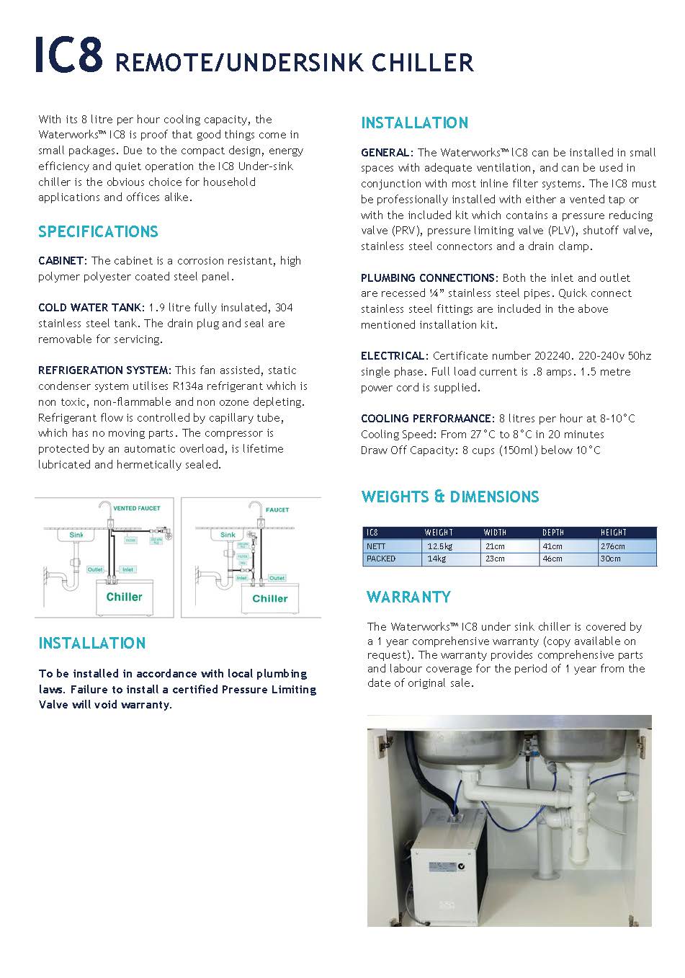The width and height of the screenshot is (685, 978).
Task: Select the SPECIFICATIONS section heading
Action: [x=98, y=232]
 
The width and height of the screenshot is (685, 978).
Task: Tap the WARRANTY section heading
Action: [x=408, y=597]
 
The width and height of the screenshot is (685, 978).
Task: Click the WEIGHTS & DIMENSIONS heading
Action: [x=450, y=497]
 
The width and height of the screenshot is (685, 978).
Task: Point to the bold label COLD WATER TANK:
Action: [x=91, y=308]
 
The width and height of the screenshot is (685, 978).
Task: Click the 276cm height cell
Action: [x=613, y=546]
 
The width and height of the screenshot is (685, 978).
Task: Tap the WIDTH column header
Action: [x=495, y=533]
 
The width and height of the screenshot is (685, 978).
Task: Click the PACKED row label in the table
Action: [x=381, y=559]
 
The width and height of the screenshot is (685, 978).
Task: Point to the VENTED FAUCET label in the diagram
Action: [x=137, y=509]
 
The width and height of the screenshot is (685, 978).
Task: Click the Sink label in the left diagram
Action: [x=76, y=535]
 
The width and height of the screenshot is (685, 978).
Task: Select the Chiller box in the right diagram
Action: [x=270, y=598]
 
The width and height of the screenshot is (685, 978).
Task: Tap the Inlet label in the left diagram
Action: [x=127, y=569]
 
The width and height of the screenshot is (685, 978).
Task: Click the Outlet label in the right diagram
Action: [x=277, y=578]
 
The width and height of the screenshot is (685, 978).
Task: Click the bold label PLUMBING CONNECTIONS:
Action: [x=429, y=278]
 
